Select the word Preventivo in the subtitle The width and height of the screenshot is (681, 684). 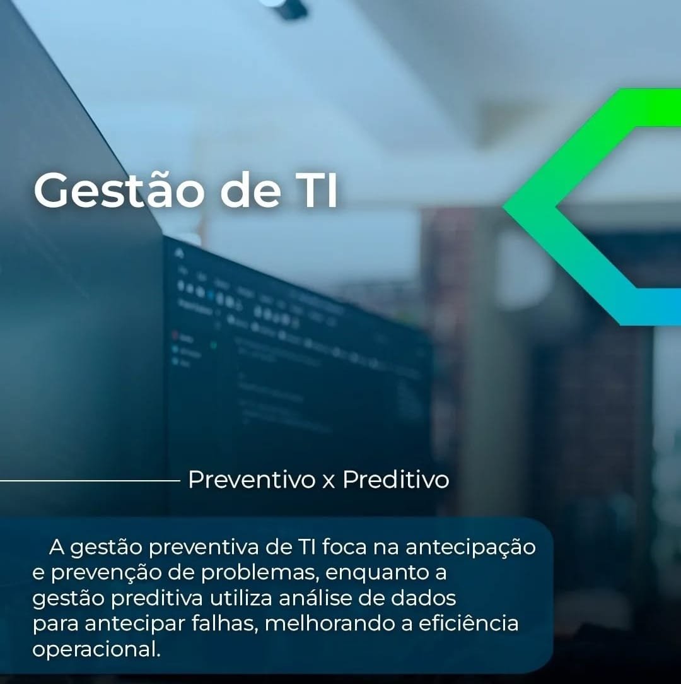click(x=252, y=480)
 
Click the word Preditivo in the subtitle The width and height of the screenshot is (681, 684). click(x=395, y=480)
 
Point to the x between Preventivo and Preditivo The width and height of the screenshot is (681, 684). click(x=329, y=482)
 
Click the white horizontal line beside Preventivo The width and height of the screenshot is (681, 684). click(x=90, y=481)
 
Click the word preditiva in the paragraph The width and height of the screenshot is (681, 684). click(x=157, y=598)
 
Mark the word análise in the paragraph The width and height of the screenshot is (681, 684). click(x=315, y=598)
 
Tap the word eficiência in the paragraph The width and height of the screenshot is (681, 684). click(x=469, y=623)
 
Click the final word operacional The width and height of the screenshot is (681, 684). click(x=96, y=649)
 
